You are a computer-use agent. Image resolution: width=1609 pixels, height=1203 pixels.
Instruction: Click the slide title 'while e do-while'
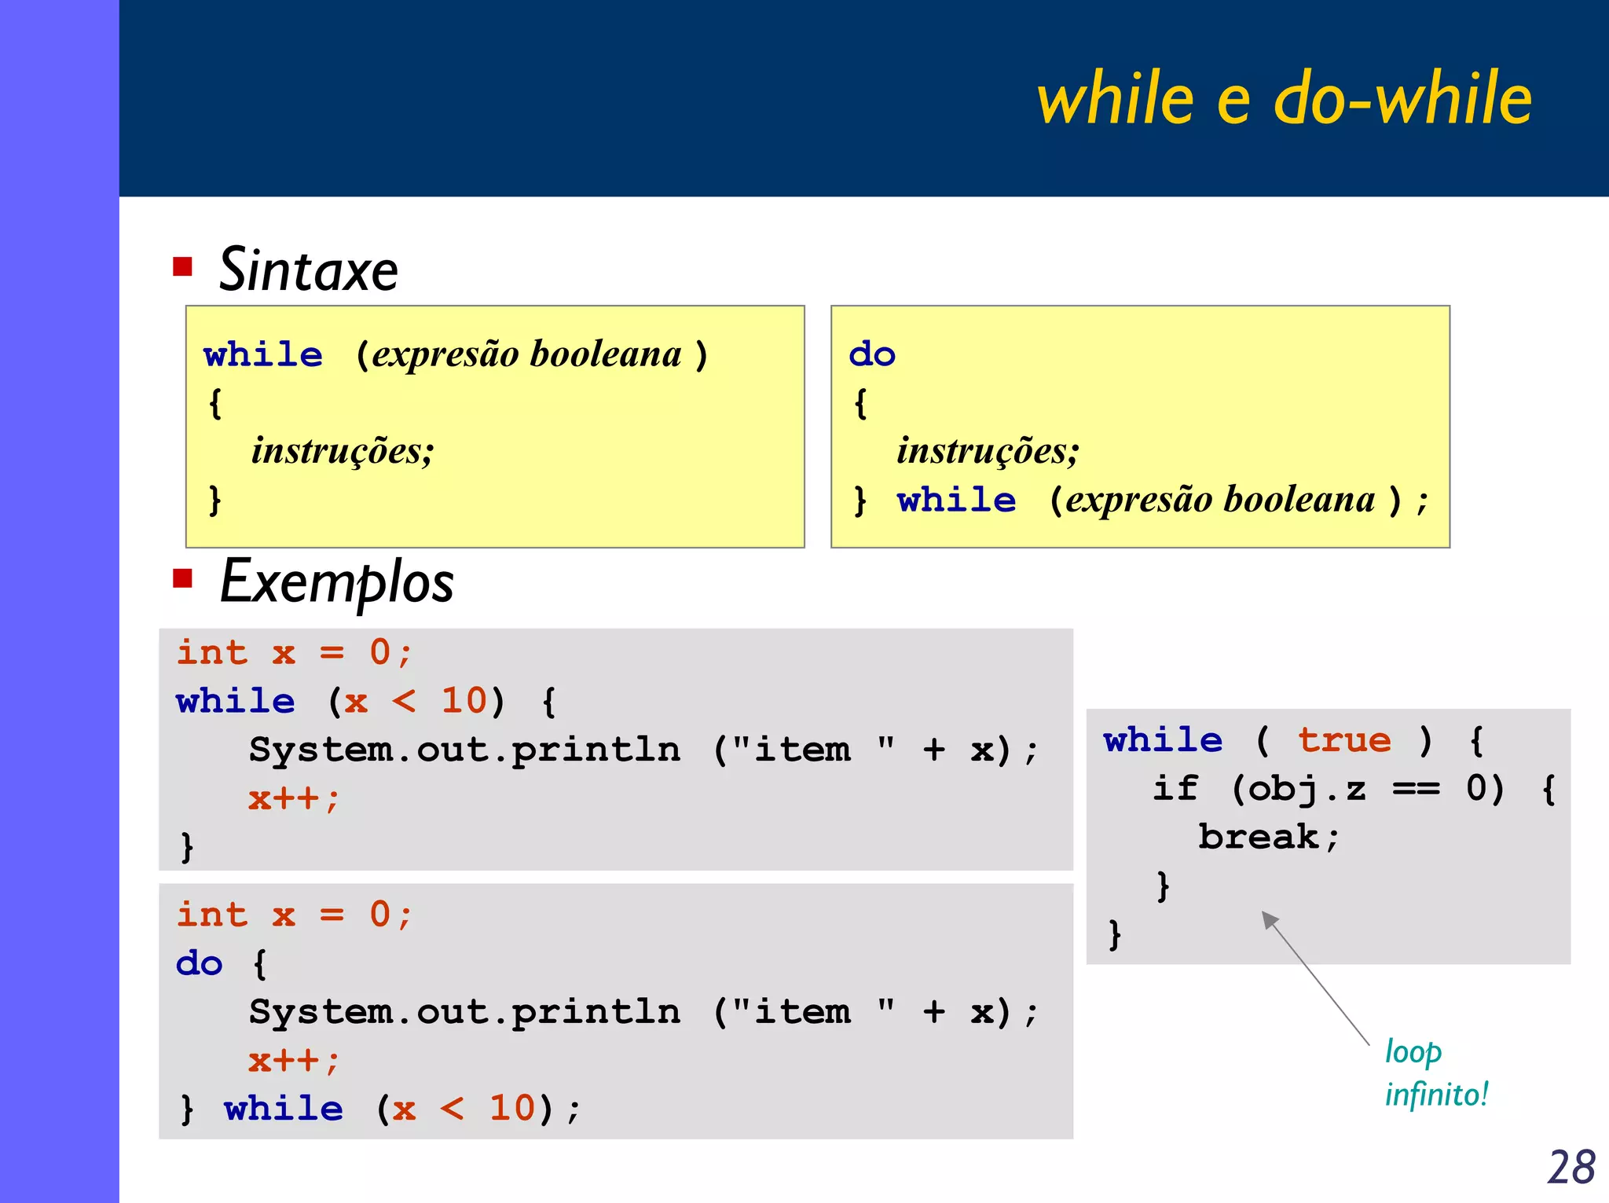pos(1284,98)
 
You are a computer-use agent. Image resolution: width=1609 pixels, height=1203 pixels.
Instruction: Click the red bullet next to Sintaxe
pos(183,266)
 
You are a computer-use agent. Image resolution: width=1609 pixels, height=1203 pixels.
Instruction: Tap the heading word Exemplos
pos(336,582)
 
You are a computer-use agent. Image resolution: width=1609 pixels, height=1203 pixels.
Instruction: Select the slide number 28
pos(1571,1167)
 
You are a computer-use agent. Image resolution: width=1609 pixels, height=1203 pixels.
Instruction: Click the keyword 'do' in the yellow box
pos(871,354)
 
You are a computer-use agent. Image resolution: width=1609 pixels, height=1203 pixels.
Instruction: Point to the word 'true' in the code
pos(1343,740)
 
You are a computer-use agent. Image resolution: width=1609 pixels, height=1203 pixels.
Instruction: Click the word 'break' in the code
pos(1258,837)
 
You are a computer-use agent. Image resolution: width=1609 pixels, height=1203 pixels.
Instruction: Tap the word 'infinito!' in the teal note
pos(1435,1095)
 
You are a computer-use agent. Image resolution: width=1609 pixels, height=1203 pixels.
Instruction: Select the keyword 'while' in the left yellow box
pos(262,354)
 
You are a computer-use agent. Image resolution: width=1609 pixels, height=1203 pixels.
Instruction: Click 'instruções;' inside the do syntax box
pos(988,451)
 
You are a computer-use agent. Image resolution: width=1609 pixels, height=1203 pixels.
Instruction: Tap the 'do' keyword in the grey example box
pos(199,964)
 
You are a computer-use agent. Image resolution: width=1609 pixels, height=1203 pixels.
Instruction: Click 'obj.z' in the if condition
pos(1307,788)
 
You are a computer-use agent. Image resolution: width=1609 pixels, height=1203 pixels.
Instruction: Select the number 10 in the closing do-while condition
pos(512,1109)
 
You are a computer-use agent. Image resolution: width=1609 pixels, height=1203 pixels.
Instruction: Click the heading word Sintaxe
pos(308,270)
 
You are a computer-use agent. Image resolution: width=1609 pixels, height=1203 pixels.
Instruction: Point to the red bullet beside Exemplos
pos(183,579)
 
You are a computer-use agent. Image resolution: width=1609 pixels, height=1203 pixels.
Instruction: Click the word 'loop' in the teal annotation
pos(1413,1051)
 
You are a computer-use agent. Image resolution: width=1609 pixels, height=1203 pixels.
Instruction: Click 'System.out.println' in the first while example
pos(464,750)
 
